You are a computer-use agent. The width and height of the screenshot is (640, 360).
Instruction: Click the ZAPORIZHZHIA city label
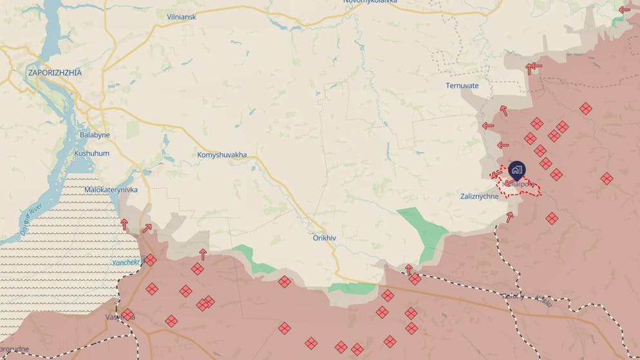55,73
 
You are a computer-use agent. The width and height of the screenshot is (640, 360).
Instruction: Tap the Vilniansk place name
181,16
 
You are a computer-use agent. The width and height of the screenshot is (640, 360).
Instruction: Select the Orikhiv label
325,238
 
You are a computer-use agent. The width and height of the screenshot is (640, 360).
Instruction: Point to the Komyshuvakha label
221,155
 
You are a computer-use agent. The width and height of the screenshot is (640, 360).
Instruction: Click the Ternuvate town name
462,86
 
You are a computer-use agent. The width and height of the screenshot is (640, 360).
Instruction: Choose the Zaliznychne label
479,196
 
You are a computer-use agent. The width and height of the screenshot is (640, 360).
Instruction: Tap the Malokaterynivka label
111,190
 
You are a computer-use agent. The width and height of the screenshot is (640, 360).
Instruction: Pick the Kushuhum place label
91,154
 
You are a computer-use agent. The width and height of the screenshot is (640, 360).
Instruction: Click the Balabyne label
95,135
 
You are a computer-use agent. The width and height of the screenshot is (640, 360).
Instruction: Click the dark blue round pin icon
516,170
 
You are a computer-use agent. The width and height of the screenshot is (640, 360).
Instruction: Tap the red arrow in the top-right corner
624,10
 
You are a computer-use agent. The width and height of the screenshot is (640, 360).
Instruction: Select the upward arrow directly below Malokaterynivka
124,224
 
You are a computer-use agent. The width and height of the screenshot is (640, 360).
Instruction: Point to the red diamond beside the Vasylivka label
127,315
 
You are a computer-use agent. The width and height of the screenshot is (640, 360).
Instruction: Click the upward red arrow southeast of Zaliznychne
510,217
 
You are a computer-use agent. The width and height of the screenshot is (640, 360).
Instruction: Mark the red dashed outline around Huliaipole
520,185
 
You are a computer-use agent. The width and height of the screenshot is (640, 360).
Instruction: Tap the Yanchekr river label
126,263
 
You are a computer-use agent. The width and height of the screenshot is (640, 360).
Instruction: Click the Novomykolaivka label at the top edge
370,2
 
